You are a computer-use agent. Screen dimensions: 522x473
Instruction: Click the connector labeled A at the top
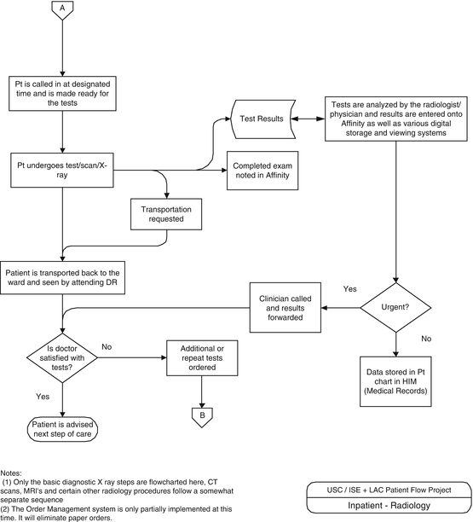[61, 10]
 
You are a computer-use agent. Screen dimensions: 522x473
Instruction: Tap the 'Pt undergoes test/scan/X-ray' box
[62, 171]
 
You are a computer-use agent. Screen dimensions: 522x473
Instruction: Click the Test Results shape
[262, 119]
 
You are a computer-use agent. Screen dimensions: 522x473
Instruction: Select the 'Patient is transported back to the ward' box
[62, 277]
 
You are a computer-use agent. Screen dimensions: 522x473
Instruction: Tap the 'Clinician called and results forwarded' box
[286, 306]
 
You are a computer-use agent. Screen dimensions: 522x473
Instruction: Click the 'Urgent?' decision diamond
[395, 306]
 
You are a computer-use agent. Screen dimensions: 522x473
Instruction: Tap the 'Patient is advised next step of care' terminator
[62, 429]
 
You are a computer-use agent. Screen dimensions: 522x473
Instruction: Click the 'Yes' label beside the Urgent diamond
[350, 288]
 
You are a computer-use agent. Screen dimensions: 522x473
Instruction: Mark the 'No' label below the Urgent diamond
[427, 339]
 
